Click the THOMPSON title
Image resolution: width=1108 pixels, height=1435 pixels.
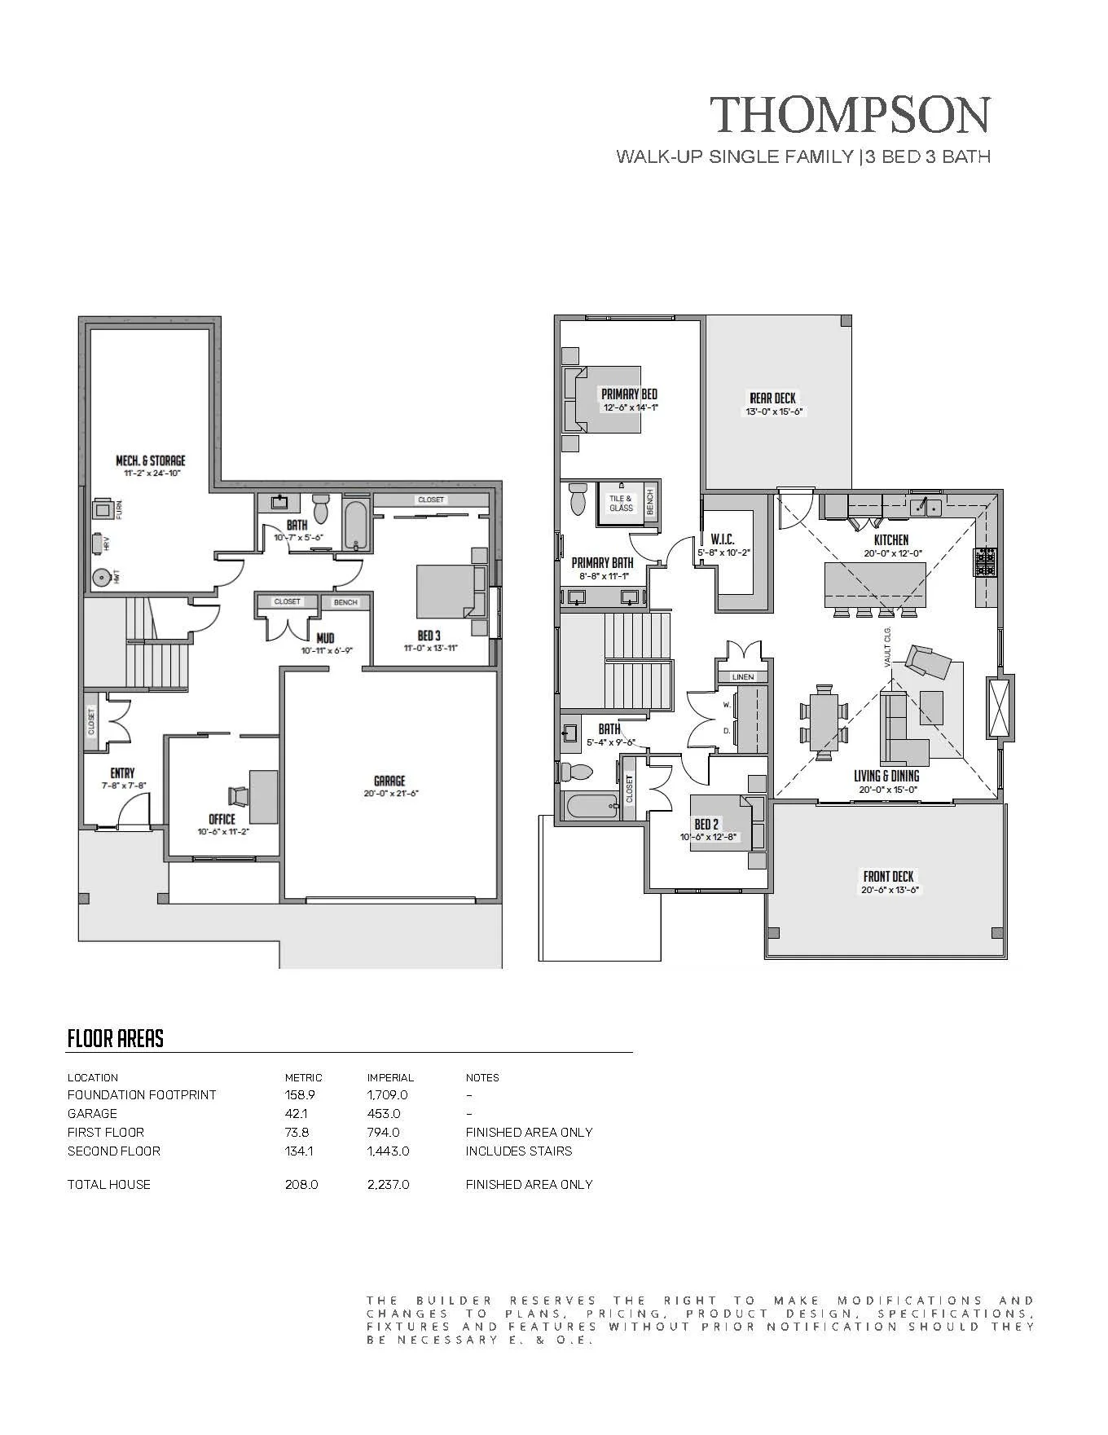(x=851, y=114)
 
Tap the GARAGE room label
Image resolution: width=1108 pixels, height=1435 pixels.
(x=389, y=781)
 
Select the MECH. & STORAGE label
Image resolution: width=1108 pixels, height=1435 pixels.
(x=151, y=460)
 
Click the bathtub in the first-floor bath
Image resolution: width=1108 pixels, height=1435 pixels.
(x=354, y=526)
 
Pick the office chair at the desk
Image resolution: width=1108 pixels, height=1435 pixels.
(x=238, y=795)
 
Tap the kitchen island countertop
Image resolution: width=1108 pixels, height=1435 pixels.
(x=876, y=584)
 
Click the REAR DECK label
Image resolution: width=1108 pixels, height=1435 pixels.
(x=773, y=398)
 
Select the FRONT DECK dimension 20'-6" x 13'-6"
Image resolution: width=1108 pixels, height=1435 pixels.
(x=890, y=890)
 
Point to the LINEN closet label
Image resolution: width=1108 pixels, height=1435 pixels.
(x=743, y=676)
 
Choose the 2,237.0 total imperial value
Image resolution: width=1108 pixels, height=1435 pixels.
(x=388, y=1184)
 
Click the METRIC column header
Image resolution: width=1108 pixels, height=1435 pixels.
(x=303, y=1077)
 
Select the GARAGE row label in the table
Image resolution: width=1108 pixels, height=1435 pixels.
(x=92, y=1113)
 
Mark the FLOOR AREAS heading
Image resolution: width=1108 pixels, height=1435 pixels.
(x=116, y=1038)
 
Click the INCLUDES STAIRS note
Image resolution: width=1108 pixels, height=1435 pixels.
(x=519, y=1151)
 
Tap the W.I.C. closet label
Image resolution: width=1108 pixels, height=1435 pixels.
(x=723, y=539)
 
